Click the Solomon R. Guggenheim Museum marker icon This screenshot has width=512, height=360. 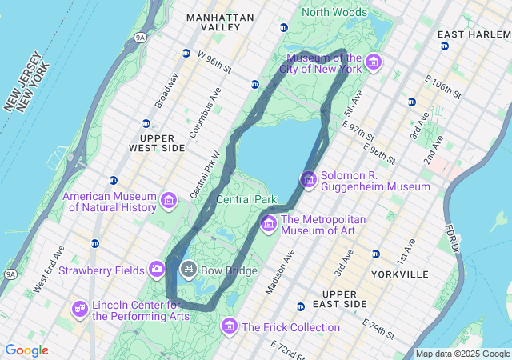[308, 180]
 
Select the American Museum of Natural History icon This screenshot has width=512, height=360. [169, 200]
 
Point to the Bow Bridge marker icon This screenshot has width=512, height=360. [189, 269]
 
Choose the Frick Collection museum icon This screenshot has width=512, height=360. [230, 326]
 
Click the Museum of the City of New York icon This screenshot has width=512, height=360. [374, 62]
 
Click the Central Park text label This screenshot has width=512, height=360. [246, 199]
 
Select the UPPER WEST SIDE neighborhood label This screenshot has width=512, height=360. [157, 143]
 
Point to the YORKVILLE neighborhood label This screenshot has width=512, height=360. [400, 274]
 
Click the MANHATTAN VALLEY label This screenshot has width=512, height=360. [220, 22]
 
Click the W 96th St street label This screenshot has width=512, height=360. [214, 62]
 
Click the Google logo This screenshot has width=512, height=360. [26, 350]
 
